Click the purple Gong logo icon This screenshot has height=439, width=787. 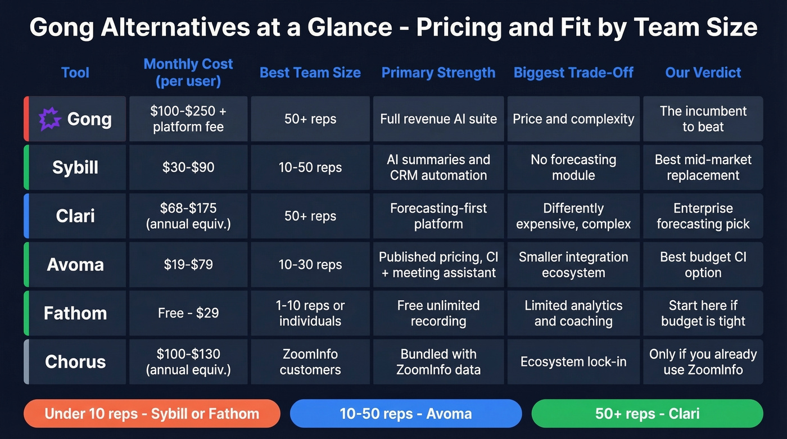49,119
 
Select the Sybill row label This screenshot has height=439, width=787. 75,168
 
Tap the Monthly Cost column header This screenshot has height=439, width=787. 188,73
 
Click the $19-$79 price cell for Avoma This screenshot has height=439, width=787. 188,265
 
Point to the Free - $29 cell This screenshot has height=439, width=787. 188,313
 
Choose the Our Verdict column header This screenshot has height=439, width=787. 703,73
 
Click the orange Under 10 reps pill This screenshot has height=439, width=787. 152,414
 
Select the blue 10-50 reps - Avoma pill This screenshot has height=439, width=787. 406,414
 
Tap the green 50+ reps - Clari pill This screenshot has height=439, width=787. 647,414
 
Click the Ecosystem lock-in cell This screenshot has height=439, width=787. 573,362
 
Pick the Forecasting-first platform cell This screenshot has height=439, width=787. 438,216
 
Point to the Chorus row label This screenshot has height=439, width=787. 75,362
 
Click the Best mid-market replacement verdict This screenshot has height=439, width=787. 703,168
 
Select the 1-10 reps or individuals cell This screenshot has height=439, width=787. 310,313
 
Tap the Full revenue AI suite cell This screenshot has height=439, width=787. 438,119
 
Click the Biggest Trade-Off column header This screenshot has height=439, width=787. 573,73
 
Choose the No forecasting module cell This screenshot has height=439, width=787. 573,168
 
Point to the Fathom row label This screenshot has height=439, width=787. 75,313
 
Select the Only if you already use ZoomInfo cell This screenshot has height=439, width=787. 703,362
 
